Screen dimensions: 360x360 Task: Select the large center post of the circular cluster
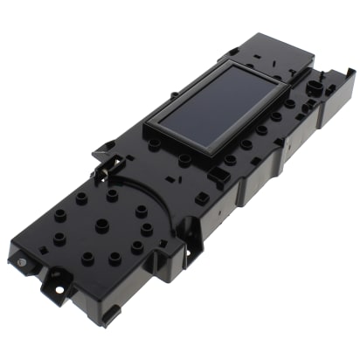(101, 225)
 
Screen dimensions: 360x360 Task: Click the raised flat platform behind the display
(271, 50)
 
